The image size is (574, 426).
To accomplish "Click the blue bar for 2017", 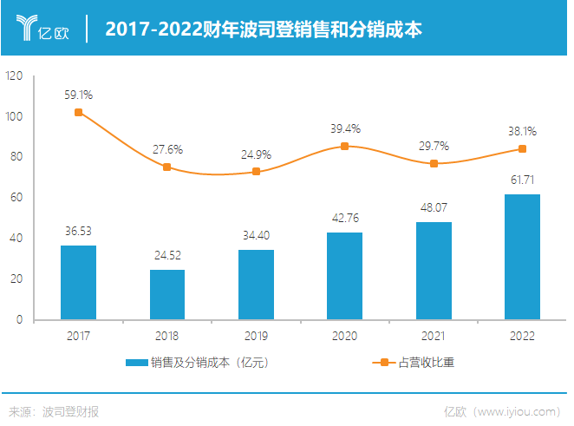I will [78, 283].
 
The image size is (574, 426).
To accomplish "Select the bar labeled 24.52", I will [167, 295].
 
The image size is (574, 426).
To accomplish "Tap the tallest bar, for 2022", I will [523, 257].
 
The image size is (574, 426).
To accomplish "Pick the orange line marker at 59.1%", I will [78, 112].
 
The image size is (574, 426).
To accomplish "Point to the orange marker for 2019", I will [257, 172].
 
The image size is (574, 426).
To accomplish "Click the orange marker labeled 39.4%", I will [345, 146].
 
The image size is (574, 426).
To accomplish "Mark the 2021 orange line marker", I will [434, 163].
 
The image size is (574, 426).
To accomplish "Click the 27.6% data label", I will [167, 149].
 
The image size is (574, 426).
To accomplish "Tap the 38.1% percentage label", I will [522, 132].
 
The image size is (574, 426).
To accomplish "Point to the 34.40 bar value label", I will [257, 236].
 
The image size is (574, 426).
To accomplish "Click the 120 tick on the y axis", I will [14, 75].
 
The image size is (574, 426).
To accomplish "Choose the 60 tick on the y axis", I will [16, 198].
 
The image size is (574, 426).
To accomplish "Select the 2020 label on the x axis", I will [345, 335].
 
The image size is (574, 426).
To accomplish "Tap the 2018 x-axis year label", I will [167, 335].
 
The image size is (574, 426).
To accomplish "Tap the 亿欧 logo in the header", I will [43, 29].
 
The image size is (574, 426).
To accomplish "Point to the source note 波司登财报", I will [70, 411].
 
